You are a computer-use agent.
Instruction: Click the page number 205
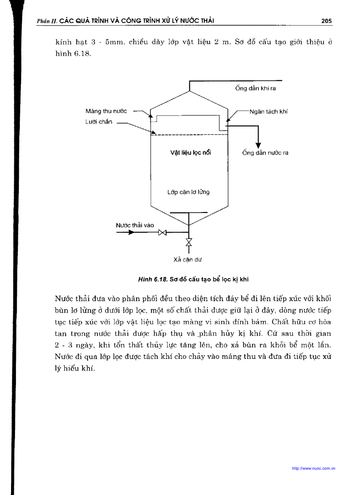[326, 21]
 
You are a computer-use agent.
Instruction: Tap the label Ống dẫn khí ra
[255, 88]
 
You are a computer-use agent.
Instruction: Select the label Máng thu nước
[106, 111]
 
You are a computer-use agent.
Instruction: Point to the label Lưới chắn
[99, 122]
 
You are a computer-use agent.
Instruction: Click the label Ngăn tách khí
[268, 112]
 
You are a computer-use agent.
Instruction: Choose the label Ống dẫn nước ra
[265, 153]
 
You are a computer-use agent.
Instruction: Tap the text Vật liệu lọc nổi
[191, 153]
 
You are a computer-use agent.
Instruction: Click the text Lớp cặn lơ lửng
[188, 192]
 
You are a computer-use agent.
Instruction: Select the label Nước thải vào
[135, 225]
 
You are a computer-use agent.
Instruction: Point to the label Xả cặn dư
[188, 260]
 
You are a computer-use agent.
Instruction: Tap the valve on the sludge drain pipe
[189, 242]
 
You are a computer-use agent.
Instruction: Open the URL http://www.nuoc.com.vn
[314, 469]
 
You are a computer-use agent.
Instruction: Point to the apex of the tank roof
[189, 91]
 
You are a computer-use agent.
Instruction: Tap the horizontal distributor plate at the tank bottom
[189, 213]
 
